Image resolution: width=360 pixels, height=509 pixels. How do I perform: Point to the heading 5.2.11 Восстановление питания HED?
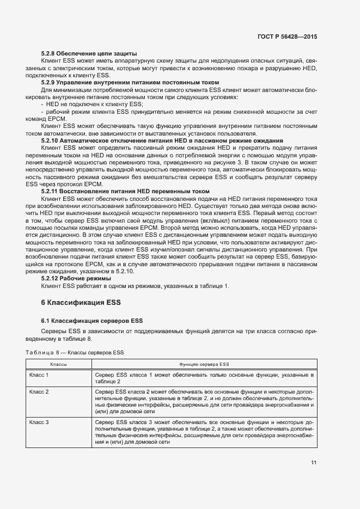click(x=125, y=192)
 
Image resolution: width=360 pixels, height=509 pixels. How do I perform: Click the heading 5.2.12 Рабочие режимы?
click(x=76, y=278)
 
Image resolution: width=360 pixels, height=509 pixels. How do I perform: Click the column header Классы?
click(x=59, y=364)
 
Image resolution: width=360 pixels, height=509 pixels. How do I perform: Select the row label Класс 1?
click(x=39, y=376)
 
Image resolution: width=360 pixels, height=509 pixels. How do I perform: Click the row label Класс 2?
click(x=39, y=392)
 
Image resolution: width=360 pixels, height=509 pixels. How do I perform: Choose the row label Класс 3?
click(x=39, y=422)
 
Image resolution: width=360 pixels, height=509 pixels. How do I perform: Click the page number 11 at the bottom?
click(x=314, y=463)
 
